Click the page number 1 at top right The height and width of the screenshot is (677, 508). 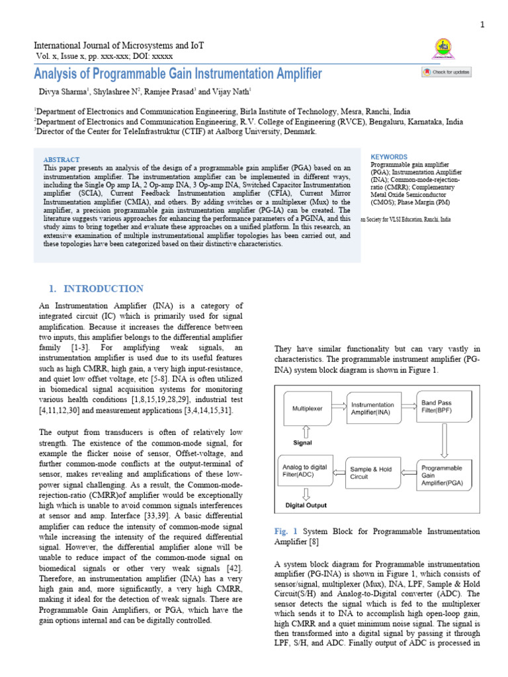(x=482, y=24)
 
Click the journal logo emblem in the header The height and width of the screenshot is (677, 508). (x=441, y=48)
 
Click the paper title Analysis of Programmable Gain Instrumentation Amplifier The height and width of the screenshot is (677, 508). (x=178, y=73)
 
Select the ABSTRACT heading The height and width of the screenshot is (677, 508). (x=61, y=159)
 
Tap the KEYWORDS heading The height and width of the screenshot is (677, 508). (x=389, y=157)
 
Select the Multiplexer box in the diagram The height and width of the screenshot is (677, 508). (x=308, y=409)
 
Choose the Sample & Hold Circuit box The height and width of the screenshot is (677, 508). (x=370, y=473)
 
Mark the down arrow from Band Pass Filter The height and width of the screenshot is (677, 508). (x=444, y=441)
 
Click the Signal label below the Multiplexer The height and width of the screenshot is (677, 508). (x=302, y=444)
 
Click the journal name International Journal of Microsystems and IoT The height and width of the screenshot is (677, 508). (x=119, y=45)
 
